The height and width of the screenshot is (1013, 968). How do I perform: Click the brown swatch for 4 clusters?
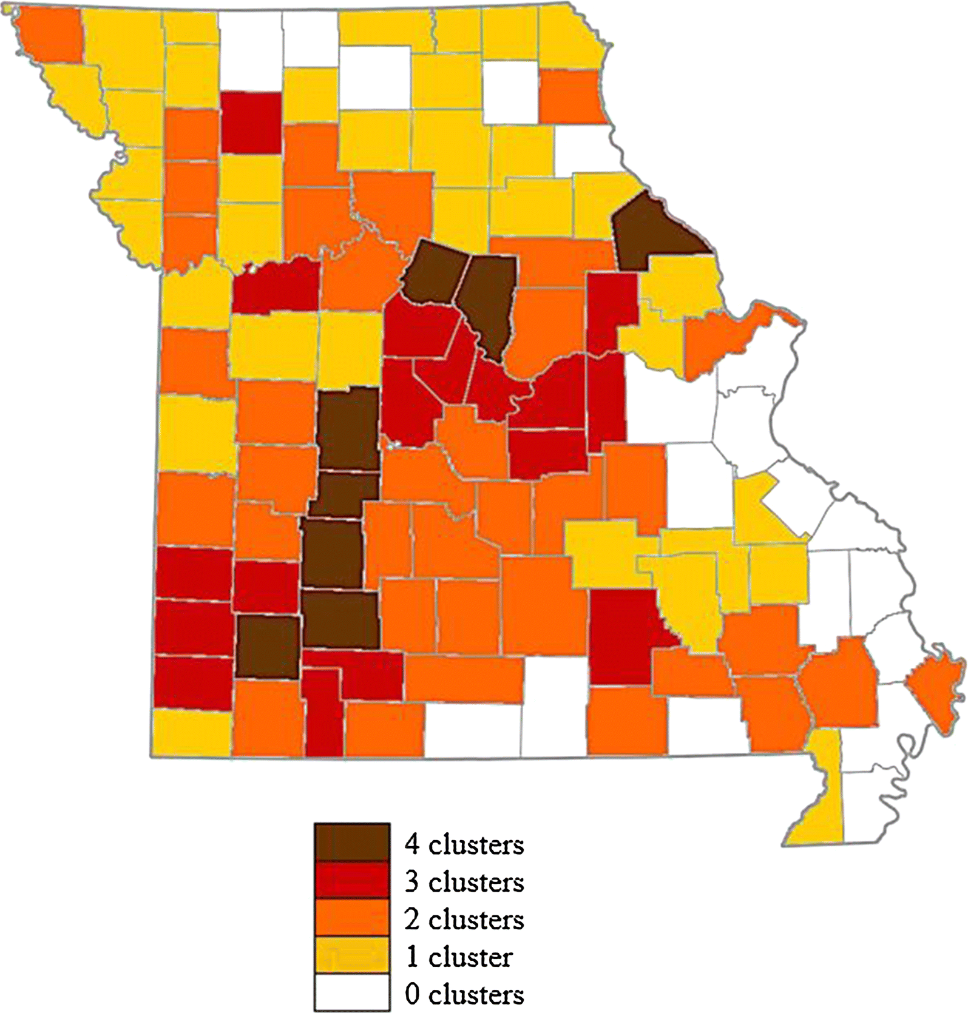click(x=351, y=842)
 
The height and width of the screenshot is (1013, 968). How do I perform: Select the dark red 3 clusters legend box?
click(x=351, y=880)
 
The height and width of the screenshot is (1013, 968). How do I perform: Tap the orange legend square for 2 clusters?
click(x=351, y=918)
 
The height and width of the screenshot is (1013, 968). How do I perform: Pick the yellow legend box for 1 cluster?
click(x=351, y=955)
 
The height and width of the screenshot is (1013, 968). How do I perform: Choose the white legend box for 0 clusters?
click(x=351, y=993)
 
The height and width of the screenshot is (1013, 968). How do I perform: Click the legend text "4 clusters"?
click(x=464, y=844)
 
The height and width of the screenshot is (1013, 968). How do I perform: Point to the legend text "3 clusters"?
click(x=464, y=882)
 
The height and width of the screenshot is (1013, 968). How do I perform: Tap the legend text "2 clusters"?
click(x=464, y=920)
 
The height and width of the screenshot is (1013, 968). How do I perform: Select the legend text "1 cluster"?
click(x=459, y=957)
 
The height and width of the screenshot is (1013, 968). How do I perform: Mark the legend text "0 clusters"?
click(x=464, y=995)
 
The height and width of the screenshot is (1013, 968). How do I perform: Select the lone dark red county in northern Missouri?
click(x=251, y=122)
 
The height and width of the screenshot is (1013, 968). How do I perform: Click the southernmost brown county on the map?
click(x=268, y=647)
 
